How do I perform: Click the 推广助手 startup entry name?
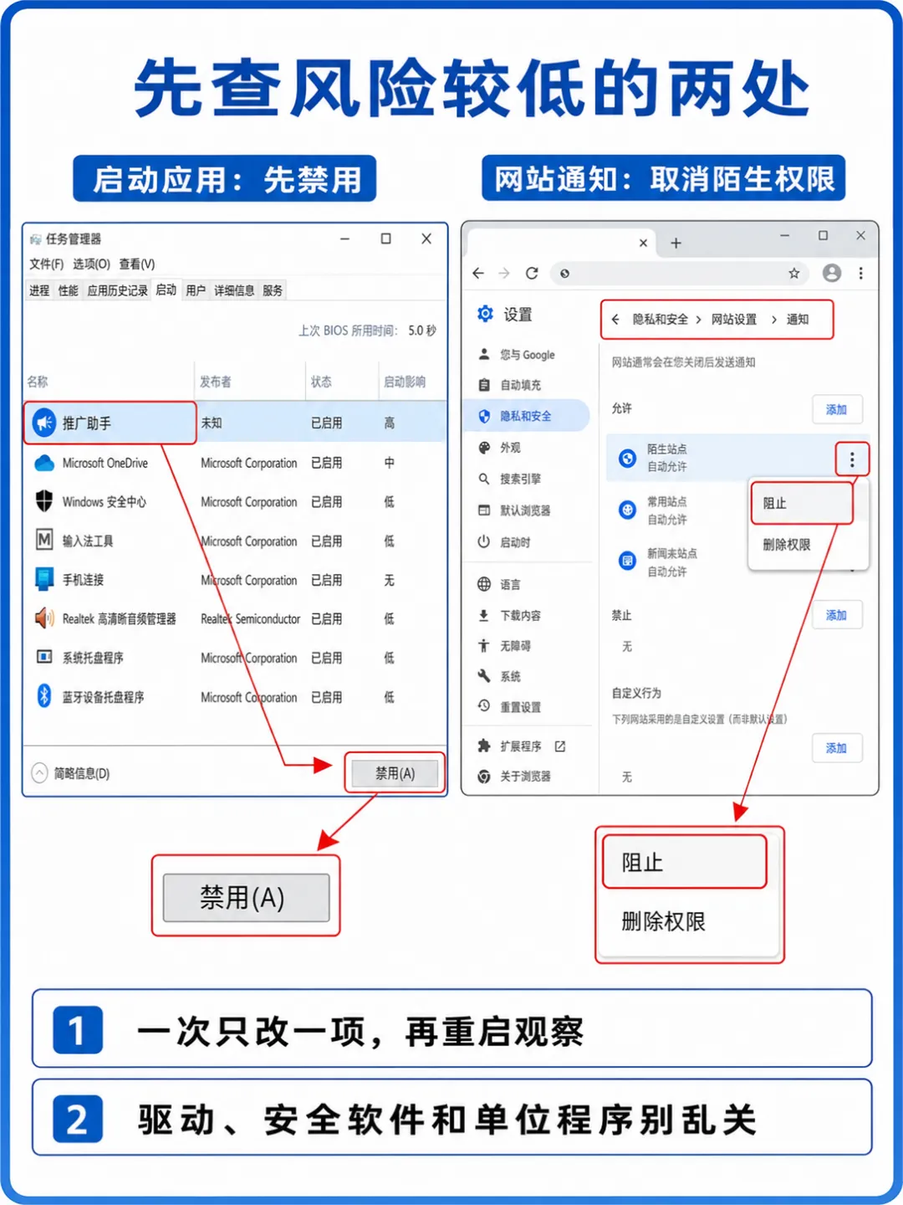pyautogui.click(x=87, y=423)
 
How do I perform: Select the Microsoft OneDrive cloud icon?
pyautogui.click(x=44, y=464)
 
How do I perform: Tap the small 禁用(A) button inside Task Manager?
pyautogui.click(x=395, y=773)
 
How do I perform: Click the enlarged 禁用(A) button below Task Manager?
pyautogui.click(x=246, y=898)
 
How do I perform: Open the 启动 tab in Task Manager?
pyautogui.click(x=166, y=290)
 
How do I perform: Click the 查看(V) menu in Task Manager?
pyautogui.click(x=137, y=264)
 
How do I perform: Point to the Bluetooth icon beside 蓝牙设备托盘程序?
pyautogui.click(x=43, y=697)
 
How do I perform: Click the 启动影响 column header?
pyautogui.click(x=404, y=382)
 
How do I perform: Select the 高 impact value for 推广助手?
pyautogui.click(x=390, y=423)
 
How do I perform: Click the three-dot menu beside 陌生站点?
pyautogui.click(x=852, y=459)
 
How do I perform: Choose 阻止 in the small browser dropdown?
pyautogui.click(x=775, y=504)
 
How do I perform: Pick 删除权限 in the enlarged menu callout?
pyautogui.click(x=663, y=921)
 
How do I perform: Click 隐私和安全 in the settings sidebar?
pyautogui.click(x=525, y=416)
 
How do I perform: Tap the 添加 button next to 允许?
pyautogui.click(x=836, y=409)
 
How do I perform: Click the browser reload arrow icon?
pyautogui.click(x=531, y=273)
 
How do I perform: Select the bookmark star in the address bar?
pyautogui.click(x=793, y=273)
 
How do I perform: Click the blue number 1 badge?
pyautogui.click(x=78, y=1029)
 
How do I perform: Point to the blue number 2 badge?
pyautogui.click(x=78, y=1119)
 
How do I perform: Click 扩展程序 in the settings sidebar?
pyautogui.click(x=520, y=746)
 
